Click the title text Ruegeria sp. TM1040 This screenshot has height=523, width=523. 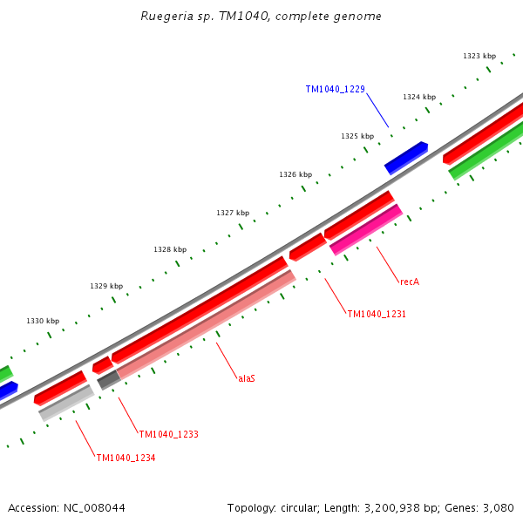[x=261, y=17]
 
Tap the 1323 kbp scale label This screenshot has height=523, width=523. [x=479, y=56]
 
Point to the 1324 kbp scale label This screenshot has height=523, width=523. [x=418, y=97]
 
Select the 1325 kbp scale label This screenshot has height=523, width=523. [x=357, y=136]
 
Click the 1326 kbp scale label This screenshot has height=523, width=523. [x=295, y=174]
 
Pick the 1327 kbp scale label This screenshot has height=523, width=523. [x=232, y=213]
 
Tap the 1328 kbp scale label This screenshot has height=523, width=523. [x=169, y=249]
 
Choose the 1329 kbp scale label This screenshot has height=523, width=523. [x=105, y=286]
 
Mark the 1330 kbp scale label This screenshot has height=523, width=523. [x=43, y=321]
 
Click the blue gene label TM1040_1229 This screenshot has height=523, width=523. [x=335, y=89]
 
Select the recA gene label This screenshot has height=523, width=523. [x=410, y=282]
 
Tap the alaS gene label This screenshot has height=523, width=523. [x=247, y=378]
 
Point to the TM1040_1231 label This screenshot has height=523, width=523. [x=377, y=314]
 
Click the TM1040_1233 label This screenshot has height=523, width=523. [x=168, y=434]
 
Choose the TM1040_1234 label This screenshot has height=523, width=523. [x=126, y=458]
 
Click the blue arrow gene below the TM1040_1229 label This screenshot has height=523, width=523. [x=406, y=158]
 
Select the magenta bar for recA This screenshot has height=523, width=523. [x=366, y=230]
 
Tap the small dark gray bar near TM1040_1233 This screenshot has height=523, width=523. [x=108, y=380]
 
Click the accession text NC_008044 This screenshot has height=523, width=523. [x=66, y=507]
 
